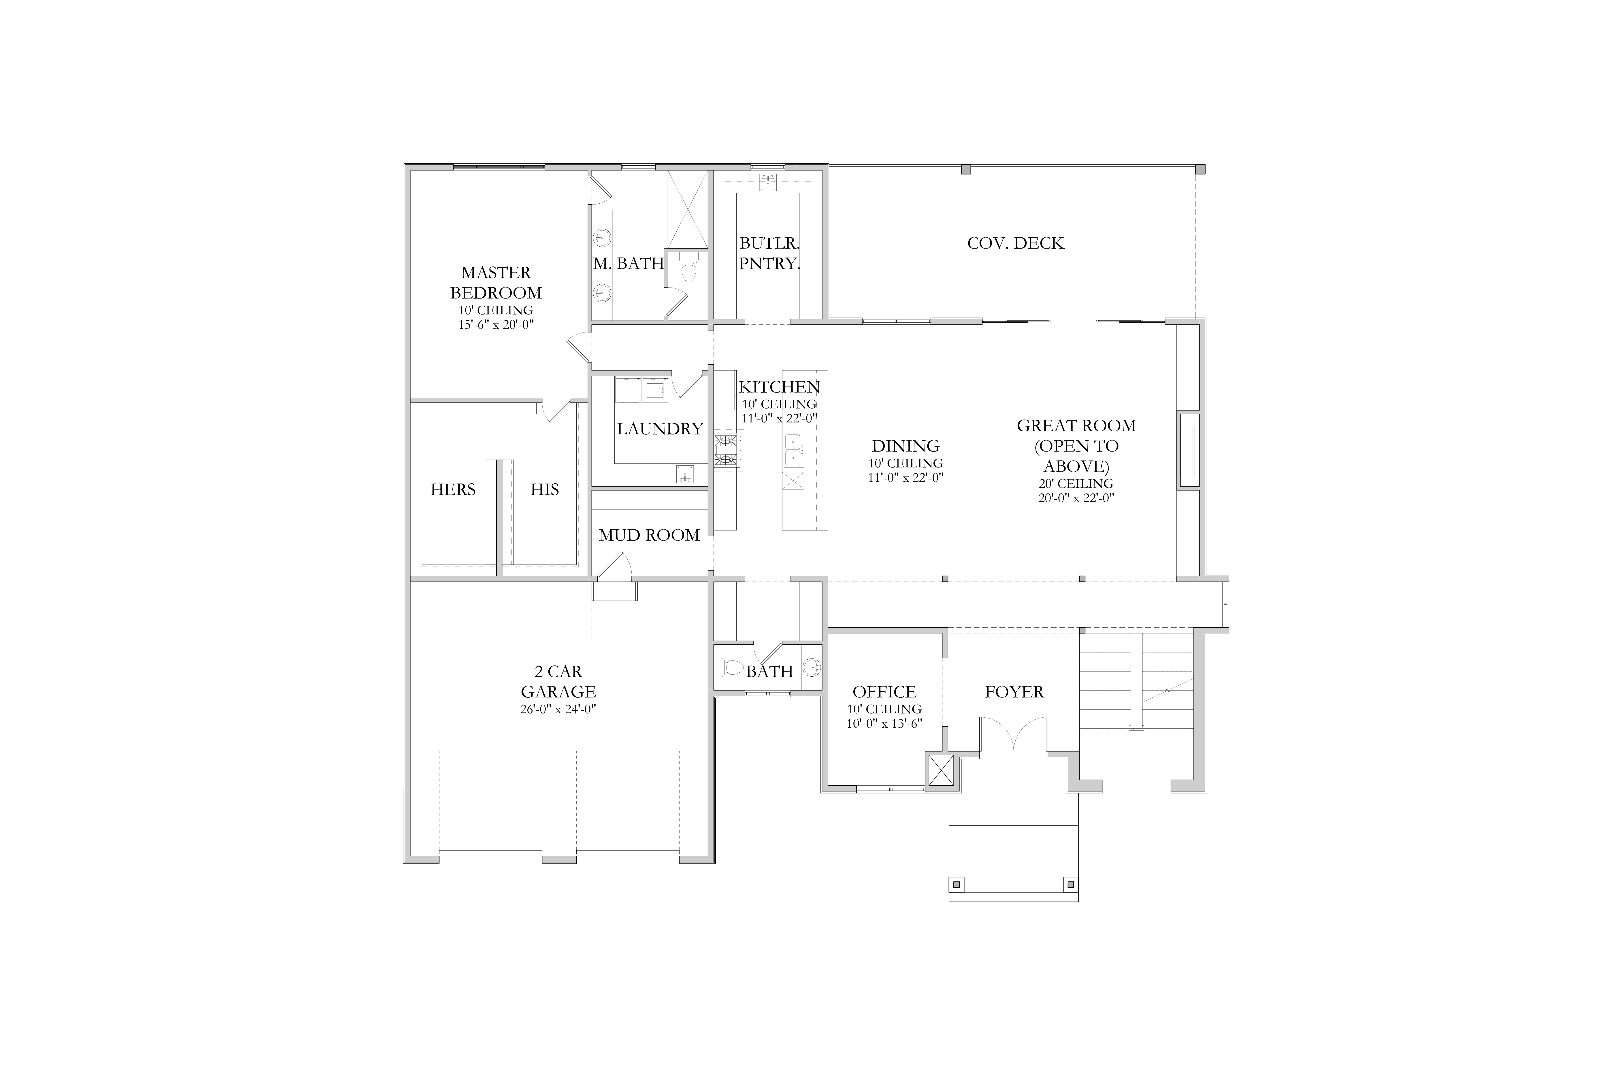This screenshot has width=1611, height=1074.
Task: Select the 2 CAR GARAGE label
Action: (x=558, y=682)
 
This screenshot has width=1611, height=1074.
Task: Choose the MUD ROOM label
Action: (x=649, y=535)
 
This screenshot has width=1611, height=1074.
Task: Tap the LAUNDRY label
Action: (x=660, y=429)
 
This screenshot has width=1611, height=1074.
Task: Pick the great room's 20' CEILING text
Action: (x=1076, y=484)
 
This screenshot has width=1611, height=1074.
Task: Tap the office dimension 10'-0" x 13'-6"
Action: (x=884, y=723)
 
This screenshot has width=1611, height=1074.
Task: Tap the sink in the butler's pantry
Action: (x=768, y=183)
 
